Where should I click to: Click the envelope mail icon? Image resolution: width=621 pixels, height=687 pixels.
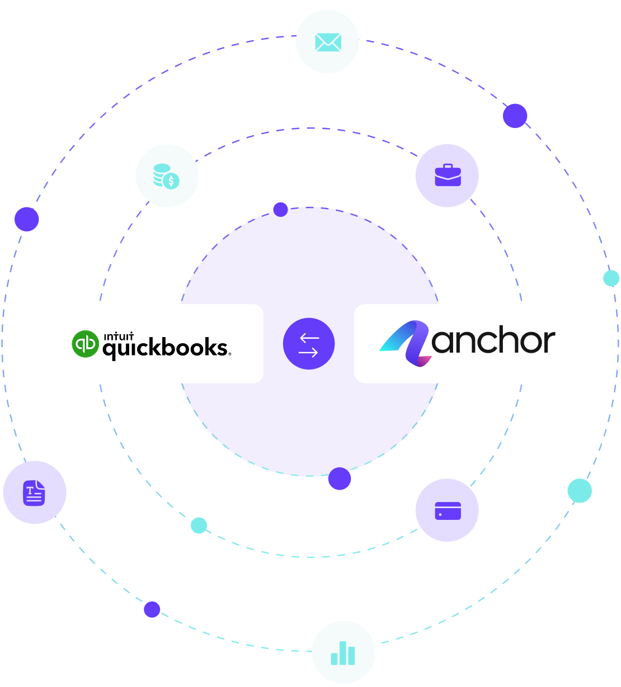tap(328, 42)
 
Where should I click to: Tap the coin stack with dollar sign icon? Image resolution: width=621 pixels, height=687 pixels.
tap(167, 176)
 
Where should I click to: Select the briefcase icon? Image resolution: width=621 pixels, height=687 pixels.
tap(448, 175)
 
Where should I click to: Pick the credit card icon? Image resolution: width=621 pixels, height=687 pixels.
tap(448, 510)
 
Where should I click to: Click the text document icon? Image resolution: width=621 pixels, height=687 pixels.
tap(34, 492)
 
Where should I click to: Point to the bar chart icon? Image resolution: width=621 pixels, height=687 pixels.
tap(343, 652)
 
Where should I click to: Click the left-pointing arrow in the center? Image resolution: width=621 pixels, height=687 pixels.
tap(309, 338)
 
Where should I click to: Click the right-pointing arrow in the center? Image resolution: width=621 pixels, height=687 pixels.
tap(309, 352)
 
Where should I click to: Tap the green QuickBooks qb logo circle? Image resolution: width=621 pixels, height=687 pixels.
tap(85, 343)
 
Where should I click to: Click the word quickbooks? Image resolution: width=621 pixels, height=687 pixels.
tap(166, 348)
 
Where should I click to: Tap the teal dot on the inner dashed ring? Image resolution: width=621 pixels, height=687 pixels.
tap(199, 525)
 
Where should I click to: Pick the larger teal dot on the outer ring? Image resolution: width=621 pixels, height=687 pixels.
tap(580, 490)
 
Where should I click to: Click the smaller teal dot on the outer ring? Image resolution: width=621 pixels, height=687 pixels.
tap(611, 278)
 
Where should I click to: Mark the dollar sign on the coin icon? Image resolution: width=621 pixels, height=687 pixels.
tap(172, 181)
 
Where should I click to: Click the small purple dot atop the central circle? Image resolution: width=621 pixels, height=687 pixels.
tap(280, 210)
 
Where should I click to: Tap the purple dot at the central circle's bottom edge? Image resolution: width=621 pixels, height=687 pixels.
tap(340, 478)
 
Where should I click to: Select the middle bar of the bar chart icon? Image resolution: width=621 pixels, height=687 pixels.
tap(343, 651)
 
